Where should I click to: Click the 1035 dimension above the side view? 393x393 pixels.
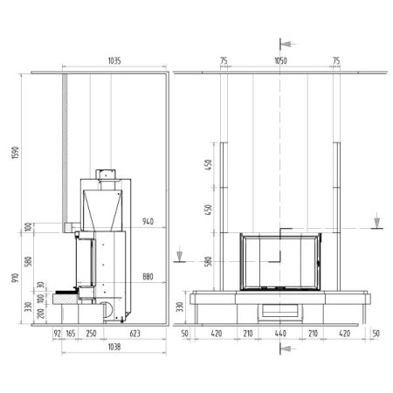[114, 60]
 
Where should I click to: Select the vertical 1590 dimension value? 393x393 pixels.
[15, 153]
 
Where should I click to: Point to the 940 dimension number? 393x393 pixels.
[148, 222]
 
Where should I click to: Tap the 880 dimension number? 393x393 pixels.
[148, 277]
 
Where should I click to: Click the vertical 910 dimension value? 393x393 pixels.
[15, 279]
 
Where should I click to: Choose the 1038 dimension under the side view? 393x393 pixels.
[114, 347]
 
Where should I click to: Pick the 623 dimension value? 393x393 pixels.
[134, 334]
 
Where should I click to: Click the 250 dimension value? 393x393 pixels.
[91, 334]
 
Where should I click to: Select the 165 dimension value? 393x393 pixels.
[71, 334]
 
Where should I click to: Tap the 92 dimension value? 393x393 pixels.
[57, 334]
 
